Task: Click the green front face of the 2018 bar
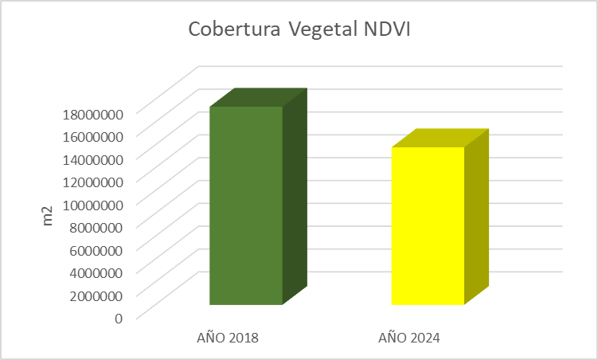(246, 205)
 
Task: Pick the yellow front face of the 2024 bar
(428, 226)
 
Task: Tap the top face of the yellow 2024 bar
(440, 138)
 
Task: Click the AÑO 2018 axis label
(228, 338)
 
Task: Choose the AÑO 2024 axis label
(409, 338)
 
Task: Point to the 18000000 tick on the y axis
(91, 112)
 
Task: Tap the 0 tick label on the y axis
(119, 318)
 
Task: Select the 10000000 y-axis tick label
(91, 204)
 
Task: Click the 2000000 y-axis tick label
(94, 295)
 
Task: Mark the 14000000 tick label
(91, 158)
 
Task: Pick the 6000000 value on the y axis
(94, 249)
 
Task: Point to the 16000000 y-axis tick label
(91, 135)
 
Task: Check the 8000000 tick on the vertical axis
(94, 226)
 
